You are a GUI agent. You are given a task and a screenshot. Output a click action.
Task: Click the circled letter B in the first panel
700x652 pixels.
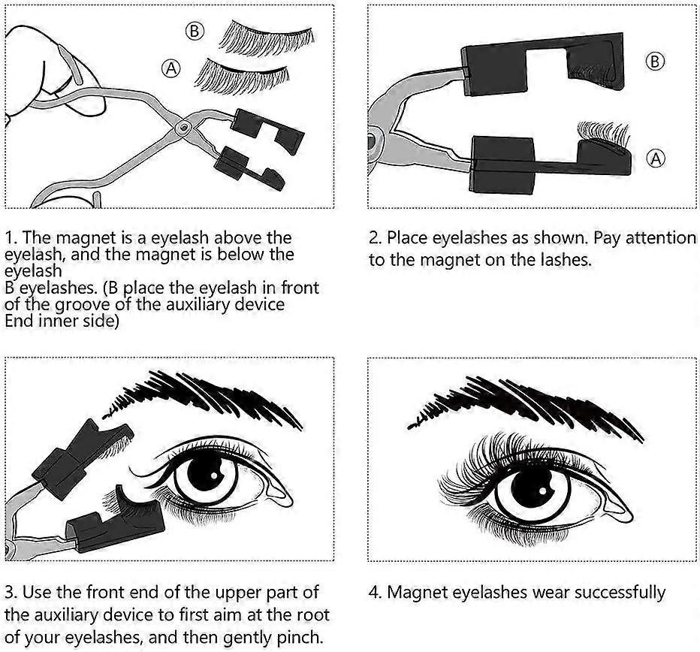(195, 31)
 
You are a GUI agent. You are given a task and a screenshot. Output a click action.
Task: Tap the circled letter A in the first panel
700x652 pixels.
(171, 69)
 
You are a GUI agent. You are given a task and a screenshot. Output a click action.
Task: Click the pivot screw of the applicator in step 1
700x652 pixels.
(181, 130)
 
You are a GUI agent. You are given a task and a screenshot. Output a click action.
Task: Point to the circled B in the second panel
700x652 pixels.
(655, 62)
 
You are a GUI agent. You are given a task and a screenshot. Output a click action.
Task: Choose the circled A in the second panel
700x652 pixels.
(656, 158)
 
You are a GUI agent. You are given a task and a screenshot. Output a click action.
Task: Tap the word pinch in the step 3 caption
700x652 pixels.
(300, 638)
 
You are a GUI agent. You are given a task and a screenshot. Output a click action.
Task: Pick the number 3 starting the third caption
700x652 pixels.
(10, 593)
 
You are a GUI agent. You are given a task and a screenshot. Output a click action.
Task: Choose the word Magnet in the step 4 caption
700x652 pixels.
(415, 593)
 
